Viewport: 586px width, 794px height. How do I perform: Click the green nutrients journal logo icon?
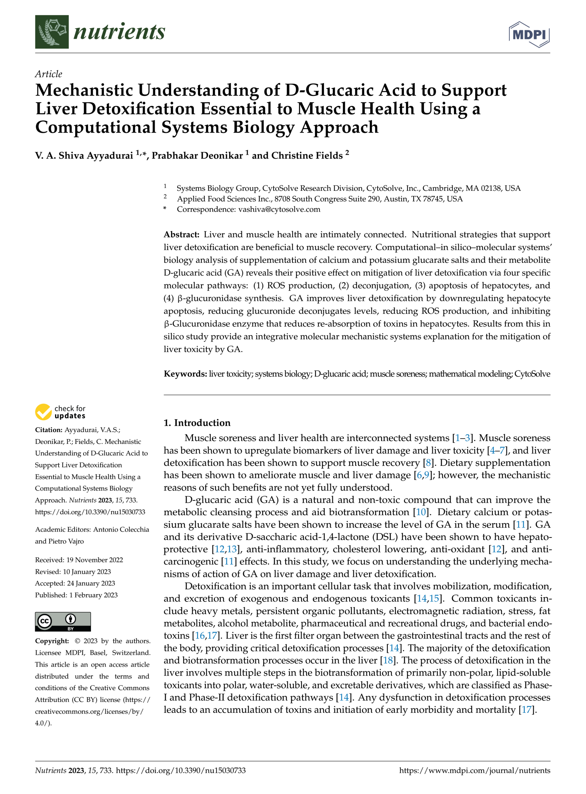(52, 32)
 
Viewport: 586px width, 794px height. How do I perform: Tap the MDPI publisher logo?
(529, 34)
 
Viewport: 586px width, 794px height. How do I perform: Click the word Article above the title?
(49, 74)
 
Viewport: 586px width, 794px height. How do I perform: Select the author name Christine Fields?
(307, 156)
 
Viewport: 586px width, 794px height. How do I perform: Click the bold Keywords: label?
(185, 374)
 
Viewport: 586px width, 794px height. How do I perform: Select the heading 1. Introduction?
(197, 422)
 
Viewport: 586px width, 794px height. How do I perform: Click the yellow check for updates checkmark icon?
(43, 412)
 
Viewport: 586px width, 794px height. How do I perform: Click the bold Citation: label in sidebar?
(49, 430)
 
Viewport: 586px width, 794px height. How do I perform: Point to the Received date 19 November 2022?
(94, 560)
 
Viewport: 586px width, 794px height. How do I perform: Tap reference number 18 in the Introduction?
(387, 660)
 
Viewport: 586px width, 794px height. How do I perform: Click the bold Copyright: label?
(52, 641)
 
